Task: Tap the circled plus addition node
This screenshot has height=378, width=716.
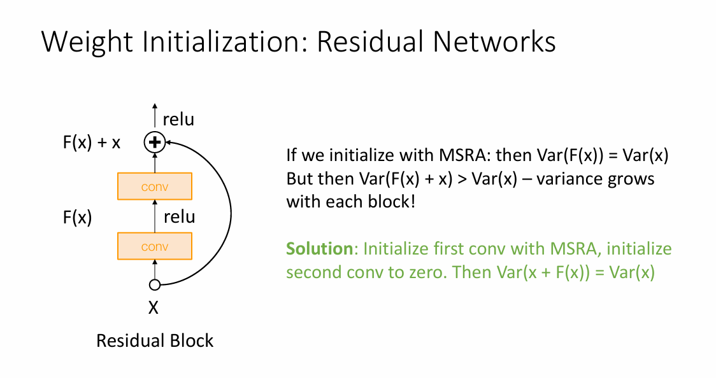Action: (154, 142)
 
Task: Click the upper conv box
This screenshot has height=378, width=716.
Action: (155, 186)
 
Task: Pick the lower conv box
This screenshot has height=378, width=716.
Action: (155, 246)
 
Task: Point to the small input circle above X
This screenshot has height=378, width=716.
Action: (154, 284)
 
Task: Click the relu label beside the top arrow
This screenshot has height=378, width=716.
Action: (179, 119)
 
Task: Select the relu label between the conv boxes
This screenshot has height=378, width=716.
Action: (179, 216)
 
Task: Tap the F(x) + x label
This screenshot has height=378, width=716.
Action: (92, 142)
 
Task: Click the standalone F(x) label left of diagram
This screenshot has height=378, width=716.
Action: (77, 218)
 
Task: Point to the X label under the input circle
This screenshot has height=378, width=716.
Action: (154, 309)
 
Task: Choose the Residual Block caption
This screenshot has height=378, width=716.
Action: (155, 340)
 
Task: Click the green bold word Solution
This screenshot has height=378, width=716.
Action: (319, 248)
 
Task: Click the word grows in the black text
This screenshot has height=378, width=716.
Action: (631, 179)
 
